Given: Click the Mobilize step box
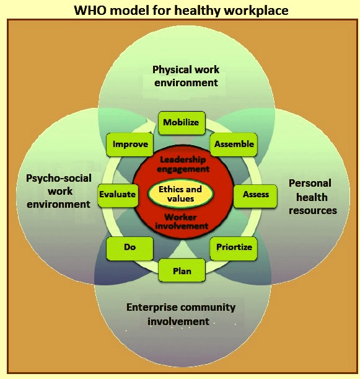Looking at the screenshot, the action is (x=182, y=123).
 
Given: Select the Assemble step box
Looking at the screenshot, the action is (x=234, y=145).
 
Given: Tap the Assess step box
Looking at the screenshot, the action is (x=255, y=196).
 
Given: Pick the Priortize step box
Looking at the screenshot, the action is (x=234, y=249).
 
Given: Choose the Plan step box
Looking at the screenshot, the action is (x=182, y=270).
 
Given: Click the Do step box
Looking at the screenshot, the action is (x=130, y=249).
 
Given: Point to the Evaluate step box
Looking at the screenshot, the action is (x=118, y=196).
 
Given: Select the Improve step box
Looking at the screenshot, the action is (x=130, y=145).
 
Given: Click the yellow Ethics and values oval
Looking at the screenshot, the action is (x=180, y=194).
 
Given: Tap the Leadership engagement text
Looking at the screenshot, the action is (x=183, y=164).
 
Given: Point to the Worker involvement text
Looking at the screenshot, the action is (x=182, y=221).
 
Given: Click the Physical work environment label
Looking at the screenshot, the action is (x=186, y=76).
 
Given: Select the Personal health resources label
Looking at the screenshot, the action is (x=312, y=197).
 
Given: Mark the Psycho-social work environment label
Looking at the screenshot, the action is (x=59, y=191).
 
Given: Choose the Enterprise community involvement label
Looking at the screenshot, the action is (x=181, y=314).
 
